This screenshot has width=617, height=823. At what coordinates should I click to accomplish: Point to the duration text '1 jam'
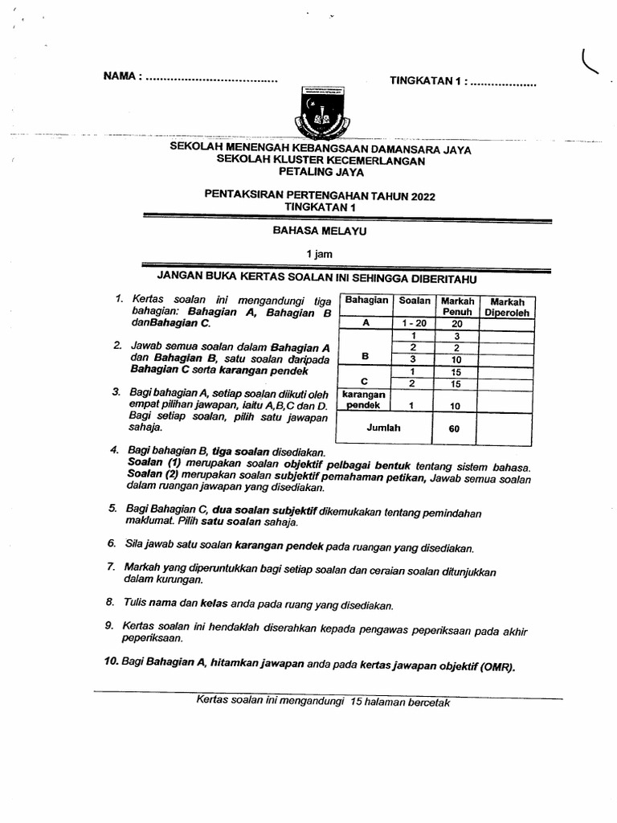[x=319, y=254]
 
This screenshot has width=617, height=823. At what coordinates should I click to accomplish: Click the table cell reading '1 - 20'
[x=412, y=323]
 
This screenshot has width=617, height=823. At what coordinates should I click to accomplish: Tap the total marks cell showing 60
[x=454, y=428]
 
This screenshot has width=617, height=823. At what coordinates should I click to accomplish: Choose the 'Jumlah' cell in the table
[x=383, y=428]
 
